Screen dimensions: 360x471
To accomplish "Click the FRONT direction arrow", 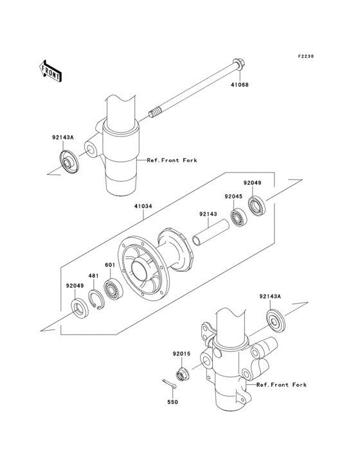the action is point(51,71).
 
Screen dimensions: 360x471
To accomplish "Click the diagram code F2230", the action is point(305,56).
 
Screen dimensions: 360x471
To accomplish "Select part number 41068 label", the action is point(239,85).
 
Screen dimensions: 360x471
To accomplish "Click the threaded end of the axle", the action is point(154,114).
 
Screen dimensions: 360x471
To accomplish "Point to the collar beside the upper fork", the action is point(69,162).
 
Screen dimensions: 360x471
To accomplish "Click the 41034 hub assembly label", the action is point(143,207).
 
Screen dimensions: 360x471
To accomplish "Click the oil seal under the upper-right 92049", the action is point(257,206).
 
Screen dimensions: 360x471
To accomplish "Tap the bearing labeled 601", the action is point(113,289).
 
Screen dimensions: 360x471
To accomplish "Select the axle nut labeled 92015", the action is point(181,373).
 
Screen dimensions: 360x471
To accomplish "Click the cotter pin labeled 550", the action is point(169,385).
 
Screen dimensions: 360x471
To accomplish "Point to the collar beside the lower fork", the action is point(275,320).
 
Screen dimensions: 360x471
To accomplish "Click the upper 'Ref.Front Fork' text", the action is point(172,160).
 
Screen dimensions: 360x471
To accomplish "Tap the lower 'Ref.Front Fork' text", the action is point(282,385).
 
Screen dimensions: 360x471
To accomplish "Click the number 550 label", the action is point(172,402).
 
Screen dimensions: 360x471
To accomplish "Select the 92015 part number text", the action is point(181,354).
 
